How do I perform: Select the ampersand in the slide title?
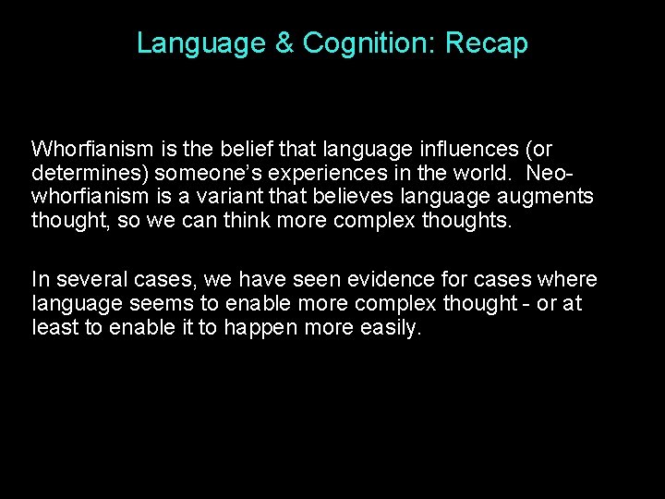coord(284,43)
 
